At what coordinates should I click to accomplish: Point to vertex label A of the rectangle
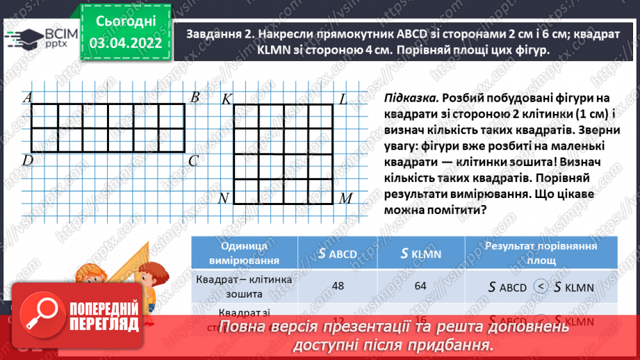(28, 98)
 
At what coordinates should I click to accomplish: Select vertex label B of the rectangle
(195, 97)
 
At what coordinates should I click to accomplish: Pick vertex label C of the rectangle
(194, 161)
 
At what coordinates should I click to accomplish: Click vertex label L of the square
(343, 99)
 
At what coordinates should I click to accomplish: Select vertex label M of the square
(345, 199)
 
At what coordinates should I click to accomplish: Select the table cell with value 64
(423, 286)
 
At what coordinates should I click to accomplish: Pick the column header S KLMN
(423, 254)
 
